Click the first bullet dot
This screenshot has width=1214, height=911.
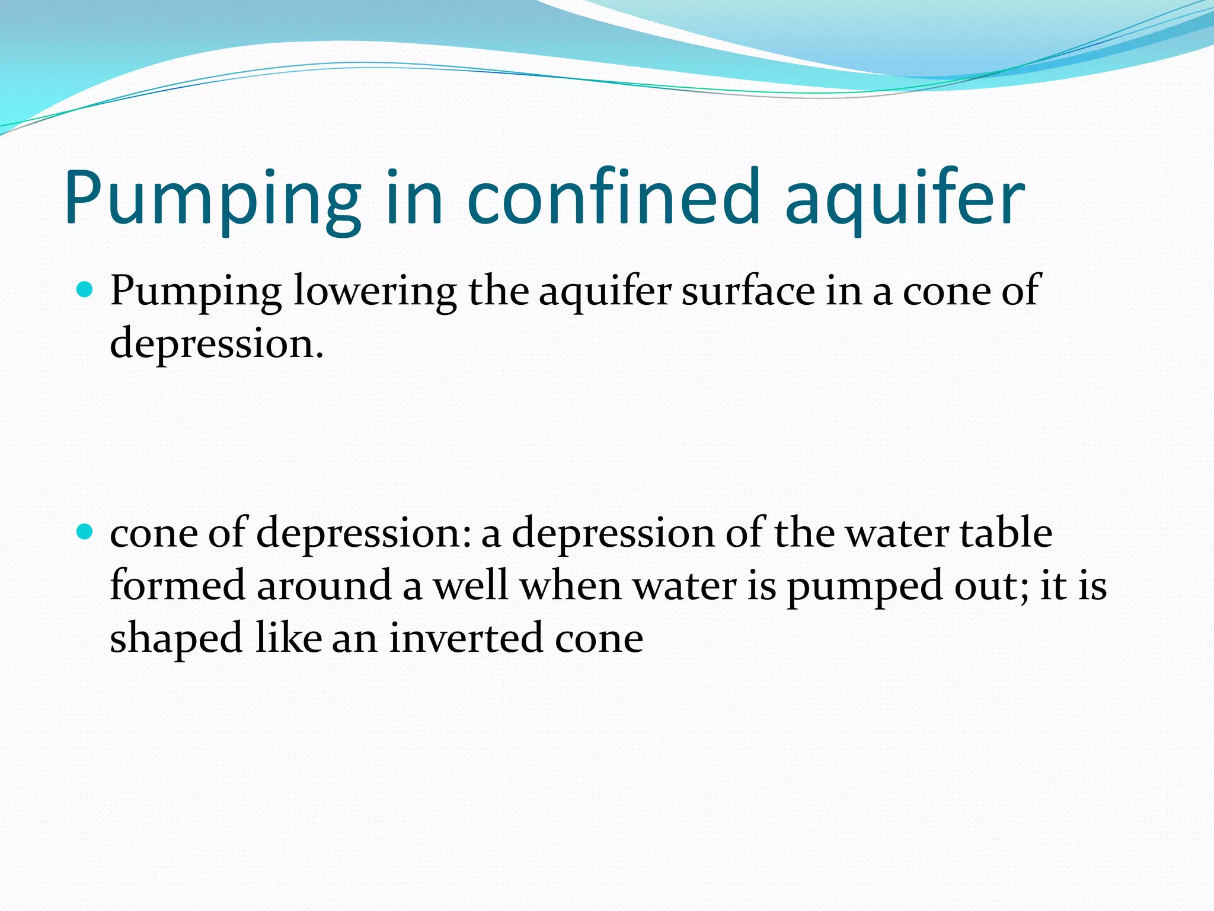(x=86, y=291)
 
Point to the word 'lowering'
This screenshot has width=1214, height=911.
(x=375, y=292)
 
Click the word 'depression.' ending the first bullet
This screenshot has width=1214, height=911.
(x=217, y=344)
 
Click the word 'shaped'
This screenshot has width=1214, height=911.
(x=176, y=639)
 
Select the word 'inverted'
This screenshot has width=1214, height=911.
(x=466, y=638)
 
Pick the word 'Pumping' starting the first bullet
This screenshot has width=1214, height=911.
(x=196, y=292)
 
